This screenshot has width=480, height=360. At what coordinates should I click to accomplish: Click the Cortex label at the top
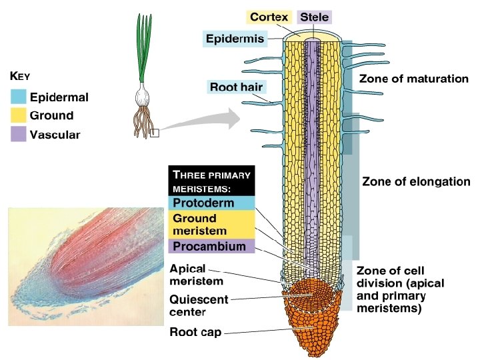pos(269,16)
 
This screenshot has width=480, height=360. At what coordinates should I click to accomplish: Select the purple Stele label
pos(315,16)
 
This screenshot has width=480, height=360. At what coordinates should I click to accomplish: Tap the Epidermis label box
pos(235,39)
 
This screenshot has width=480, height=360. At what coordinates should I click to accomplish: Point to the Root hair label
pos(236,87)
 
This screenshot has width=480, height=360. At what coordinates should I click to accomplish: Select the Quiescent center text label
pos(197,305)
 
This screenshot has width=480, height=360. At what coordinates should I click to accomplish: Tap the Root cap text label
pos(195,332)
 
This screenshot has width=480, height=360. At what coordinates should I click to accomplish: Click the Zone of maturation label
pos(414,79)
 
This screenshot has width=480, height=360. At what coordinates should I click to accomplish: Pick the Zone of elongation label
pos(416,181)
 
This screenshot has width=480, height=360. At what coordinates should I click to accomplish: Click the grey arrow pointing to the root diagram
pos(200,121)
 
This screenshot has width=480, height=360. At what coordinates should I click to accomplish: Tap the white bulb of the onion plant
pos(143,95)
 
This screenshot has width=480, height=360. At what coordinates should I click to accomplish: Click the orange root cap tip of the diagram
pos(312,333)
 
